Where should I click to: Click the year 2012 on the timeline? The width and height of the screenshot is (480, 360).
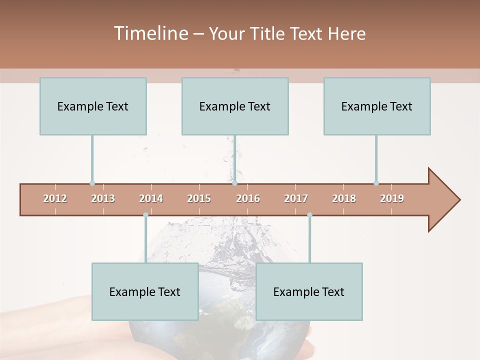[x=55, y=198]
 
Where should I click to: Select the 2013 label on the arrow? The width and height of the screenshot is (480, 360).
[x=103, y=198]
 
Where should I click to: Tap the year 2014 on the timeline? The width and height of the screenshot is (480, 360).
[x=151, y=198]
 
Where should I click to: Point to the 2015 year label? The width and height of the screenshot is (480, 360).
[x=199, y=198]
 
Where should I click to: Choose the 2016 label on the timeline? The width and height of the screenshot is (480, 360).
[x=248, y=198]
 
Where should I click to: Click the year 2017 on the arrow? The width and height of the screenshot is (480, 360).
[x=296, y=198]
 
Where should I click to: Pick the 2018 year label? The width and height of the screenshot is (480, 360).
[x=344, y=198]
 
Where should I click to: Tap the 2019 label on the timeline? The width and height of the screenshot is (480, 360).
[x=392, y=198]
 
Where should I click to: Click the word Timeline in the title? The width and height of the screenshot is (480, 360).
[x=150, y=33]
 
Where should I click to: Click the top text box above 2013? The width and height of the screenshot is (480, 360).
[x=93, y=106]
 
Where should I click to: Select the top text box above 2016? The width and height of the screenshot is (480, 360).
[x=235, y=106]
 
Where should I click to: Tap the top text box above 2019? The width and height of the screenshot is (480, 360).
[x=377, y=106]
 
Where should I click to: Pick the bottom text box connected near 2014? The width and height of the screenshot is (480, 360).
[x=145, y=291]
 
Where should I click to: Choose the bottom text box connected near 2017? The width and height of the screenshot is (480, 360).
[x=309, y=291]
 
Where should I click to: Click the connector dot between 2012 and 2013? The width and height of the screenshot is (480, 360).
[x=92, y=183]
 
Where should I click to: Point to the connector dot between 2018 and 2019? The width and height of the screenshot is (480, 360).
[x=376, y=183]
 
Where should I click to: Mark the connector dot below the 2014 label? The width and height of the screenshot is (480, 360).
[x=145, y=215]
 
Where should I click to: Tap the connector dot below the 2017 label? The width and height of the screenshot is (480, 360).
[x=309, y=215]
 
